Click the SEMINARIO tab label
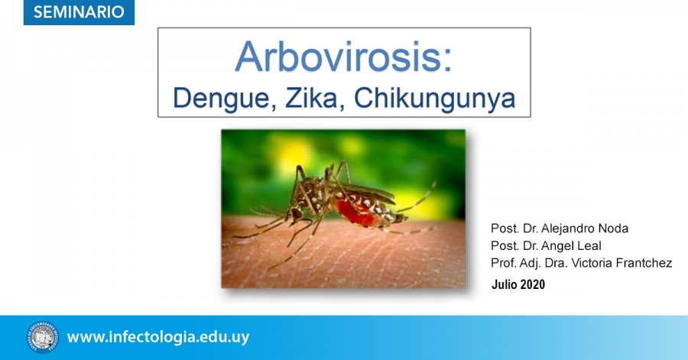[x=79, y=11]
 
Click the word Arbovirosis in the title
[x=338, y=57]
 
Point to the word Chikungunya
[x=434, y=99]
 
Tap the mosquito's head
[x=296, y=214]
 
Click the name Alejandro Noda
[x=585, y=229]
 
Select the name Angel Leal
[x=571, y=245]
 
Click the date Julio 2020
[x=518, y=284]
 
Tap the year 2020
[x=533, y=284]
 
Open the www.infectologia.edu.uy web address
[x=158, y=337]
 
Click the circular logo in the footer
[x=43, y=337]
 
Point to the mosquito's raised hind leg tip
[x=435, y=183]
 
